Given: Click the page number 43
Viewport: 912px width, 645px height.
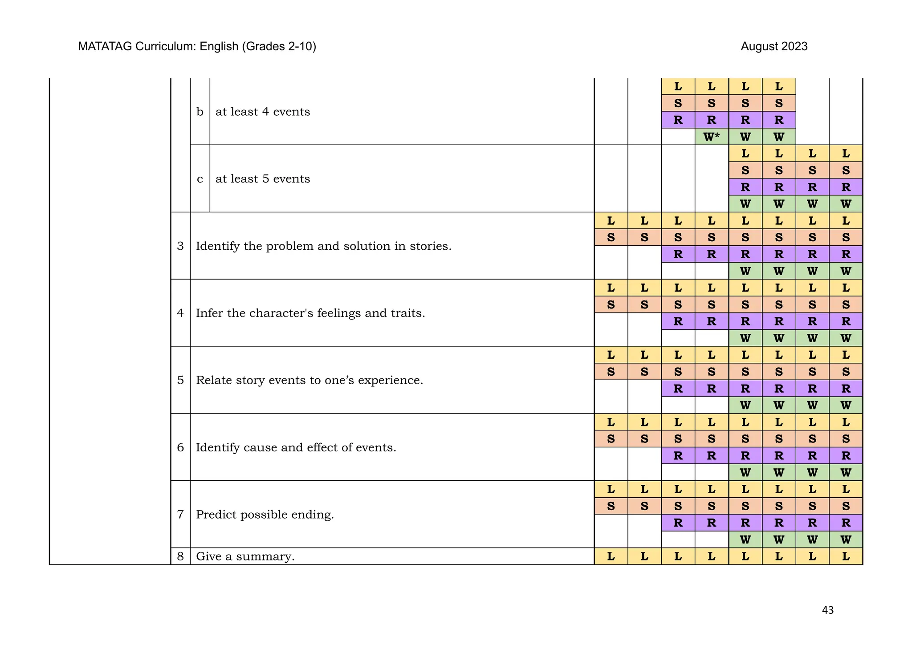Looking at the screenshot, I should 827,610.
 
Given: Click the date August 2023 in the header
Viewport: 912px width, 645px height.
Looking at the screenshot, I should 774,46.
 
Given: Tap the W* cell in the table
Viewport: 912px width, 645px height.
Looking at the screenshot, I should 711,137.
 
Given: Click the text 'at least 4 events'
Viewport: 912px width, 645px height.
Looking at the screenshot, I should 263,112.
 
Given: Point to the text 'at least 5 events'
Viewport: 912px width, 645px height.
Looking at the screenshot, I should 263,179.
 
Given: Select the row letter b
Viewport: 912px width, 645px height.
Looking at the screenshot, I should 200,112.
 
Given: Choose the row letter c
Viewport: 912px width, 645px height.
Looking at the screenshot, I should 200,179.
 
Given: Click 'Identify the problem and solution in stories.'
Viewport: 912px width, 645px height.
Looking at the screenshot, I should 324,246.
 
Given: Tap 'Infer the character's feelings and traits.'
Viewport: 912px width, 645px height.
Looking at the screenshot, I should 310,313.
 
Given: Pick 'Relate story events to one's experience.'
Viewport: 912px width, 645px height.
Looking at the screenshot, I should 309,381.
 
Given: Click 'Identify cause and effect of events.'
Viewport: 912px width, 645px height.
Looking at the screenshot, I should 296,447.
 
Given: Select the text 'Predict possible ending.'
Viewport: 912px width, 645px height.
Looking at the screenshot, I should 265,515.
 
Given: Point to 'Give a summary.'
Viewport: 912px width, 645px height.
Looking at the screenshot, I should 245,556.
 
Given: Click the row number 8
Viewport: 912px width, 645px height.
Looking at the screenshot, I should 180,556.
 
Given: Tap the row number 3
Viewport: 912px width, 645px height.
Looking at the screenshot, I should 180,246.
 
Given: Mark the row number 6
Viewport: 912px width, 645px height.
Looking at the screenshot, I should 180,447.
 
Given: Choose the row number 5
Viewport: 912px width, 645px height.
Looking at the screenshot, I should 180,381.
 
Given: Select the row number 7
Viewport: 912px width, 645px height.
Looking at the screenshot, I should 180,515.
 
